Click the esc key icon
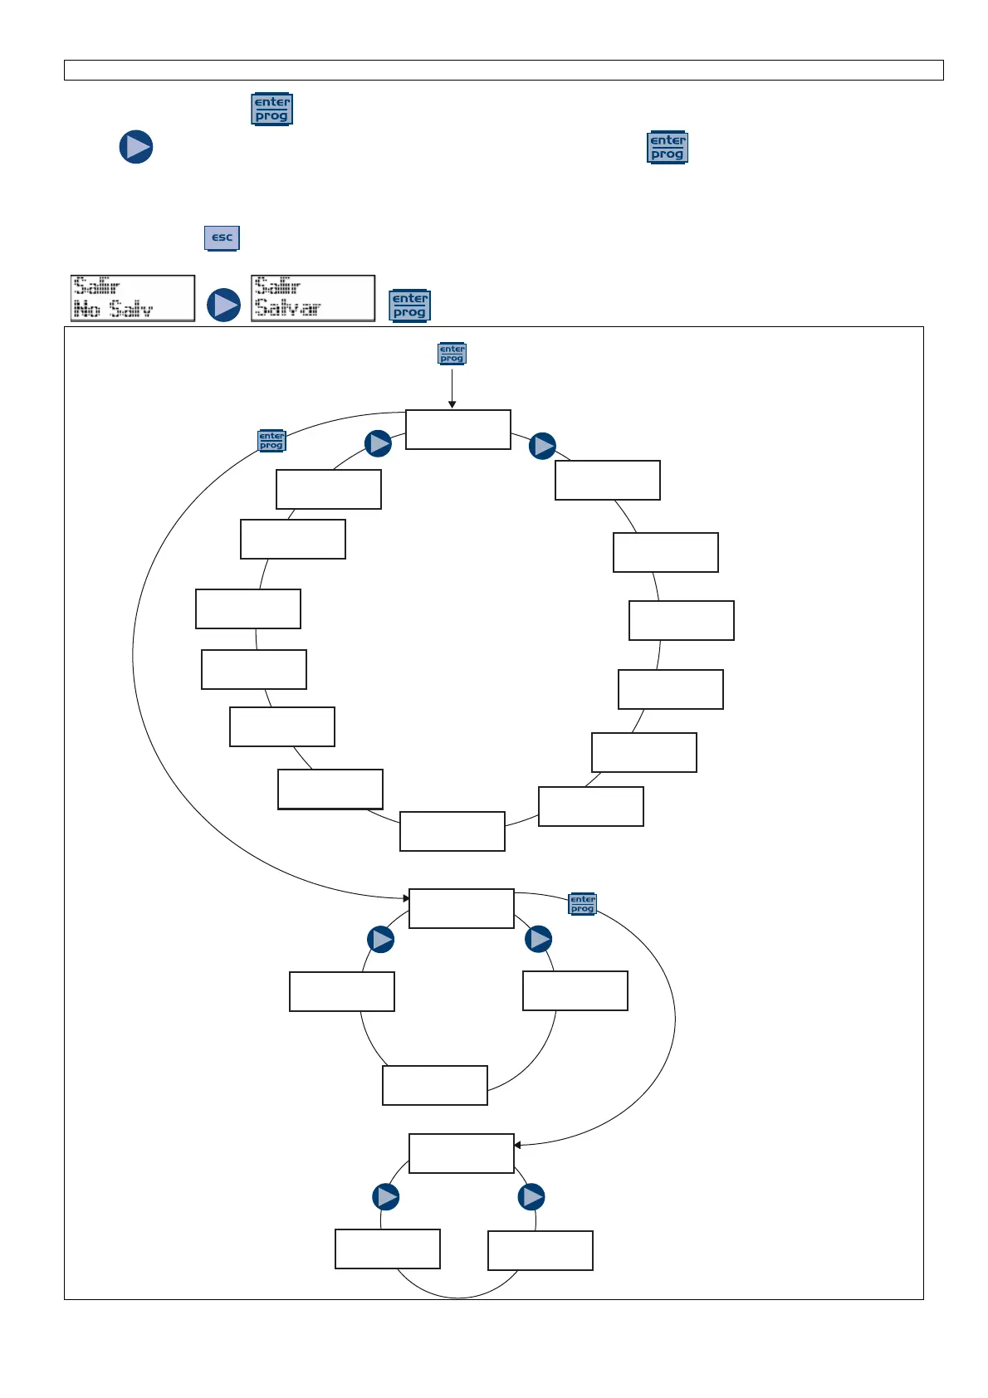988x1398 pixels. coord(222,237)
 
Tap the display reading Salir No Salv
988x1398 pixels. coord(133,298)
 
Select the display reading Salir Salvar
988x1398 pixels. coord(313,298)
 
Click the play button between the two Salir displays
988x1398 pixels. coord(223,305)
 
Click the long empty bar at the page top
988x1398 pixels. coord(503,70)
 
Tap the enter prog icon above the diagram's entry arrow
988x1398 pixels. coord(452,354)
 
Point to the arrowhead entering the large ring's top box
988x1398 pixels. coord(452,405)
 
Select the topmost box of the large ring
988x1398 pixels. coord(458,429)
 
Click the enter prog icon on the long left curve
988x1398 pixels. coord(271,441)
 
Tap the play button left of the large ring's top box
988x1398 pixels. coord(378,443)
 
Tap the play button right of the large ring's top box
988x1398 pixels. coord(542,446)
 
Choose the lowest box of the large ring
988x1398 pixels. coord(452,831)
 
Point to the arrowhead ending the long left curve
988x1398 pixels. coord(406,898)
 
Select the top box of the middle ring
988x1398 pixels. coord(462,908)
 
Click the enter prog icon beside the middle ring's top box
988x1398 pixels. coord(583,904)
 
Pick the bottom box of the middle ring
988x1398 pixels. coord(435,1085)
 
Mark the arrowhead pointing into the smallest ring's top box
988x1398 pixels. coord(517,1146)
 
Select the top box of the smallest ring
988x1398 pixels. coord(462,1153)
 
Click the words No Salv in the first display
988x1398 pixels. coord(114,310)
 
